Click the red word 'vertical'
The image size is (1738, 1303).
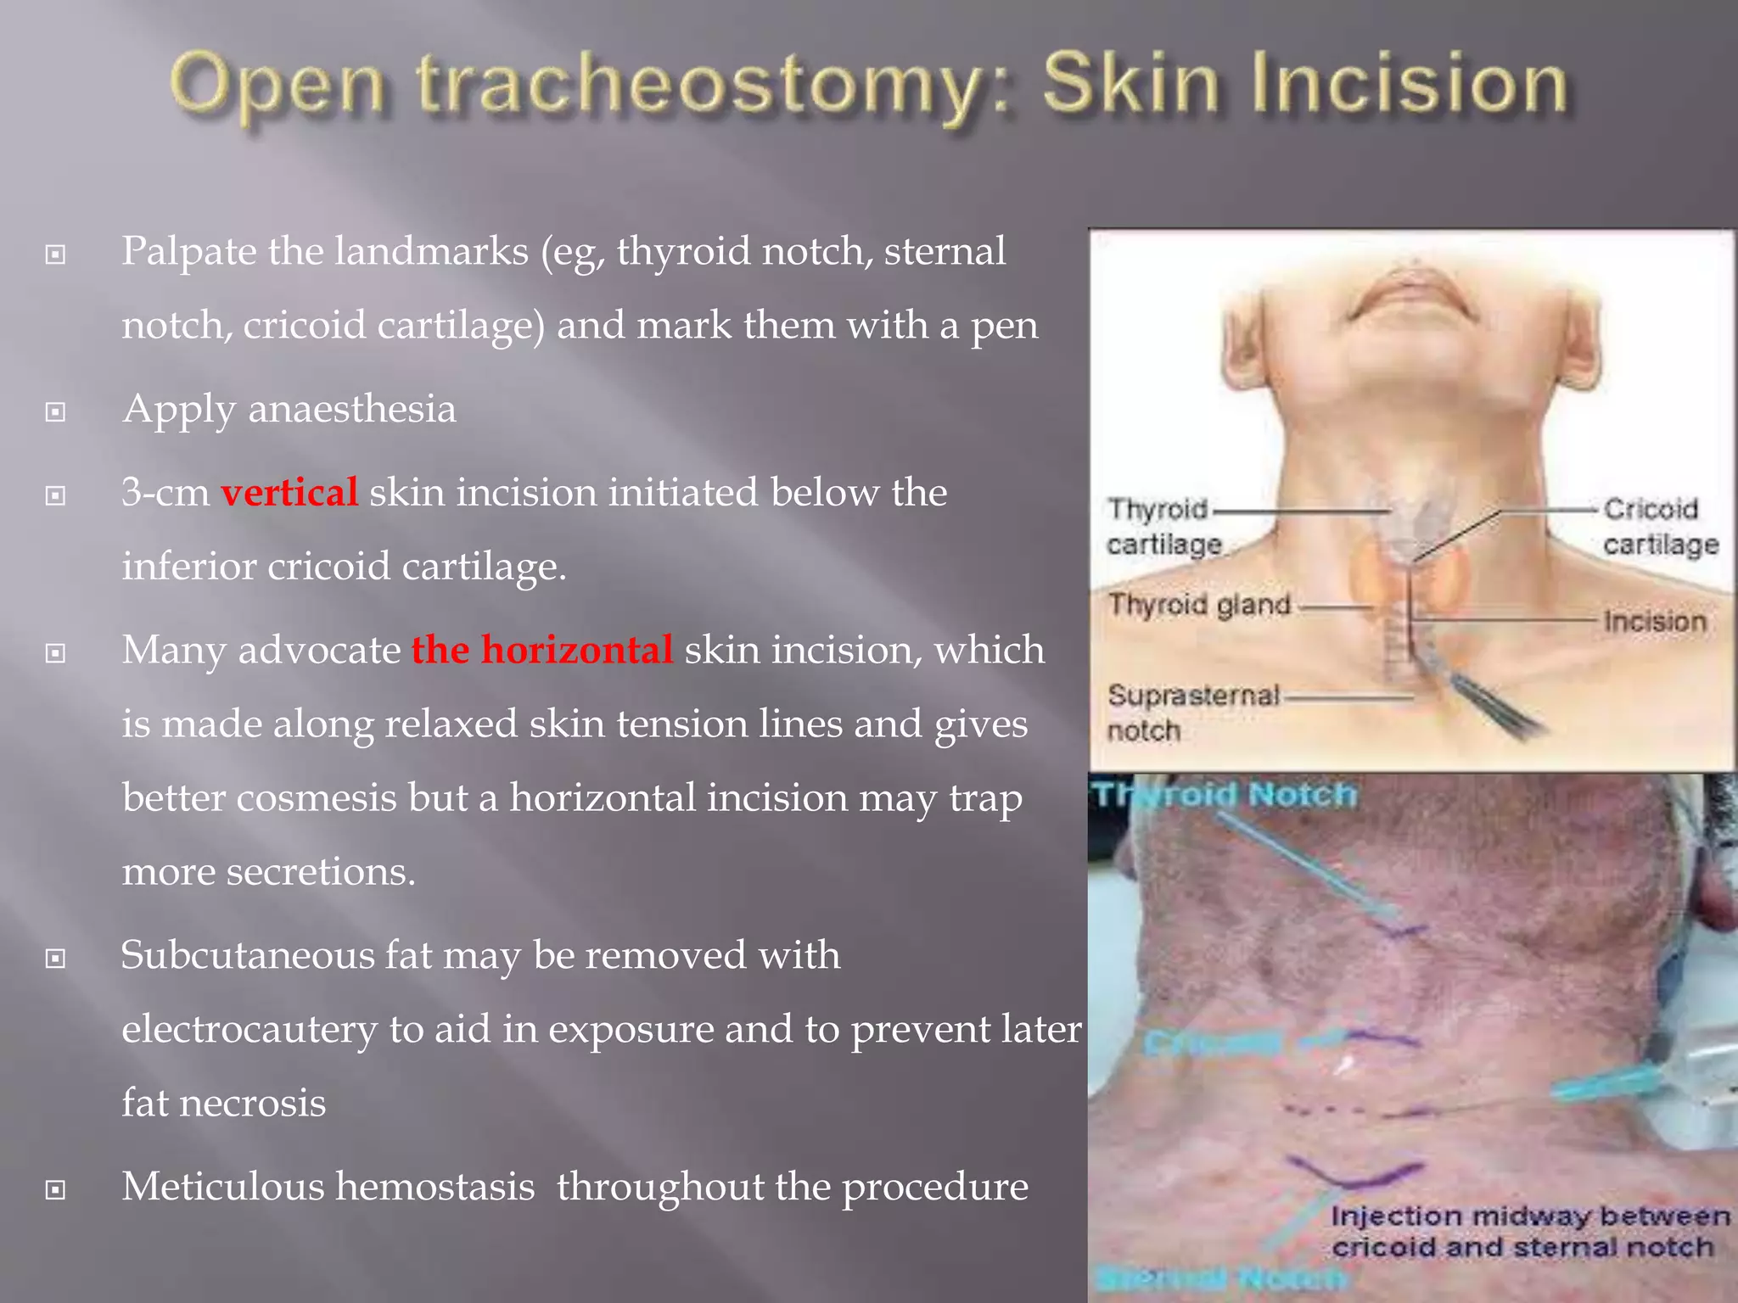click(x=289, y=492)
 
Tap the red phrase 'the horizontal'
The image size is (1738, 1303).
click(x=542, y=650)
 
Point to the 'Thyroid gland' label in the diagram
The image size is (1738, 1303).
click(x=1199, y=605)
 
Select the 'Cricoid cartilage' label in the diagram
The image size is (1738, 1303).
click(x=1659, y=526)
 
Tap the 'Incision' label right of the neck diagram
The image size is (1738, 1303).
click(x=1654, y=622)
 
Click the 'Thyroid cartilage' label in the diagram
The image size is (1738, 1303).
click(x=1163, y=526)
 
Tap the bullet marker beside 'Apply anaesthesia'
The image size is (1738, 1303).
click(x=56, y=412)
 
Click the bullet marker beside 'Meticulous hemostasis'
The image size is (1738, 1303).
click(x=56, y=1189)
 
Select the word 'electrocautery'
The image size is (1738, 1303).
click(x=249, y=1030)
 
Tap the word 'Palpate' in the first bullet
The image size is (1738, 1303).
click(x=188, y=252)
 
